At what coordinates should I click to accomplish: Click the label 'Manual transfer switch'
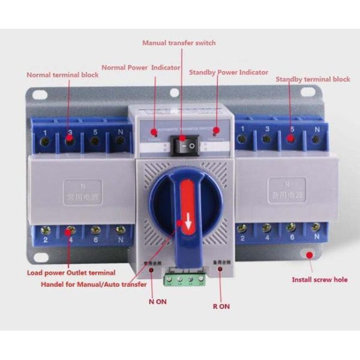coord(179,43)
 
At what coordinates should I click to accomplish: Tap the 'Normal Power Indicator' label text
coord(140,67)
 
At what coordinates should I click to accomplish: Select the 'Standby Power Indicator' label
coord(229,72)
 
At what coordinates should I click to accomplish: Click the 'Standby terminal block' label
coord(313,79)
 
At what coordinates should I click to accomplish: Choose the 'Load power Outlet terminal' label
coord(71,273)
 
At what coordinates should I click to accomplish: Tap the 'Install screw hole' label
coord(319,280)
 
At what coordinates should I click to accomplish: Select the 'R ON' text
coord(221,306)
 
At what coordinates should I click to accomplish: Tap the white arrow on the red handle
coord(188,225)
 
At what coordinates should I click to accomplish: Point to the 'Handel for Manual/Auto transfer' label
coord(94,284)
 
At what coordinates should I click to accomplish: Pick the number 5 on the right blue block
coord(292,130)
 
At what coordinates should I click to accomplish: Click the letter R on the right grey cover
coord(291,181)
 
